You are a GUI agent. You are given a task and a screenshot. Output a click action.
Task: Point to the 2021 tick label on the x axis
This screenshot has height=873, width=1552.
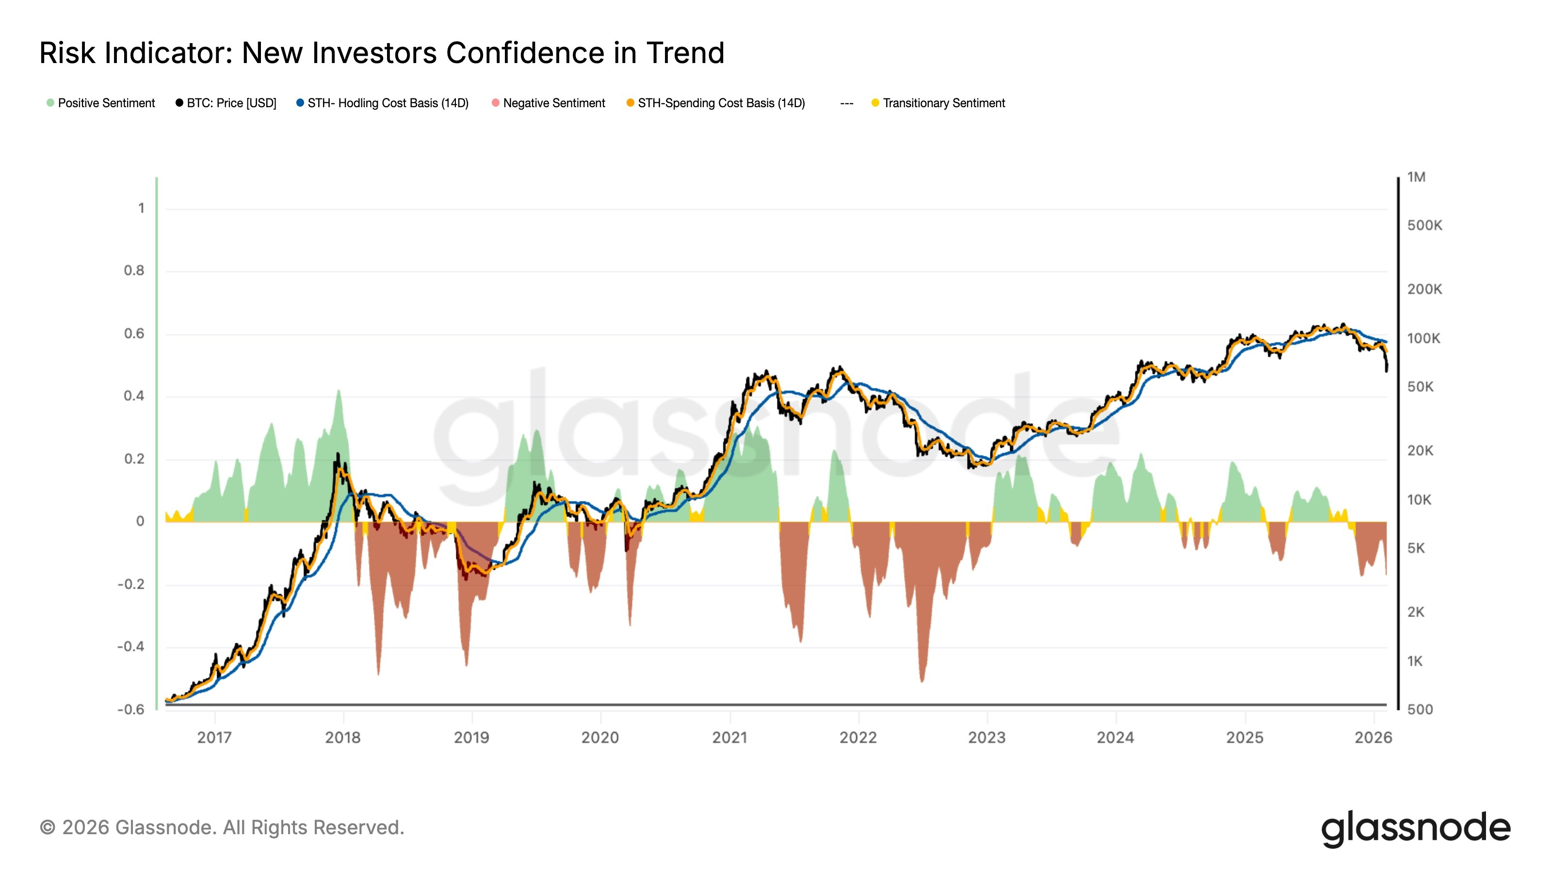coord(729,737)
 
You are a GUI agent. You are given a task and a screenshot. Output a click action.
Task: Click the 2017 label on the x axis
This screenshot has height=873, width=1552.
coord(214,737)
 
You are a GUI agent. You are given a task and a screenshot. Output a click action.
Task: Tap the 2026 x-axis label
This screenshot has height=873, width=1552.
coord(1373,737)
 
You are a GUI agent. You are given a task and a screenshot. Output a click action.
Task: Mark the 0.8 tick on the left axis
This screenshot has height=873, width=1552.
coord(134,271)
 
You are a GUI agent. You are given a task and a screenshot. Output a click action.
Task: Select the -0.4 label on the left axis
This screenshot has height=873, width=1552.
coord(131,647)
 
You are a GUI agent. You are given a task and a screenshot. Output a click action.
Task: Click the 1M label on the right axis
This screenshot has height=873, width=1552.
coord(1416,177)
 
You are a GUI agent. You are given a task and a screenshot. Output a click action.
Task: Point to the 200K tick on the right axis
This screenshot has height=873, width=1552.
coord(1424,289)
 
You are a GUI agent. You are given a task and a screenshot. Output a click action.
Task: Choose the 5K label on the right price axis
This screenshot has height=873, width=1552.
coord(1416,548)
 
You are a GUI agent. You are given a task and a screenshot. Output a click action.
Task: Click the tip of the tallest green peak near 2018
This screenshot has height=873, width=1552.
coord(339,390)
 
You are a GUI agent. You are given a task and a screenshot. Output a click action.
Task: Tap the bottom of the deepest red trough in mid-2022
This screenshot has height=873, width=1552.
coord(922,681)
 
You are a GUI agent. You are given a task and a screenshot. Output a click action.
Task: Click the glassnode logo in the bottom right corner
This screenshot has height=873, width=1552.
coord(1415,828)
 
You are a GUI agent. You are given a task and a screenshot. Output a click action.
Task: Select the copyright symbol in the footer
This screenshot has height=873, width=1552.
coord(47,828)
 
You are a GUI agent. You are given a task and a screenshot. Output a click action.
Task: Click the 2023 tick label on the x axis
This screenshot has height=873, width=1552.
coord(986,737)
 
